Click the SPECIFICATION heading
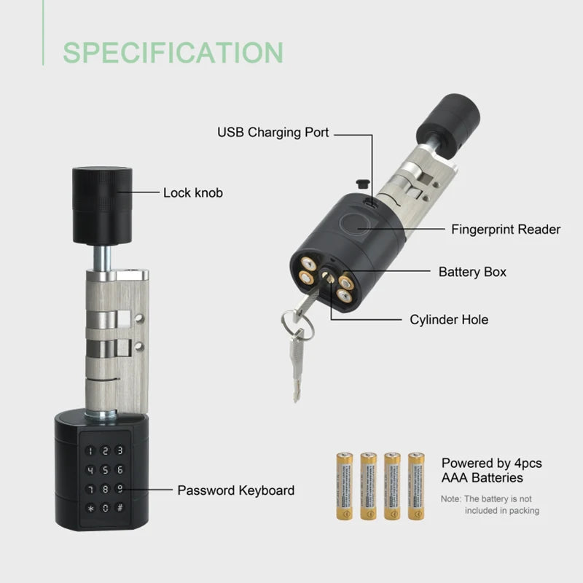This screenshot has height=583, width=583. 173,52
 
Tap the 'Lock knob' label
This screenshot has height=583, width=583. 192,193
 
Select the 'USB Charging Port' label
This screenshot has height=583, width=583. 273,133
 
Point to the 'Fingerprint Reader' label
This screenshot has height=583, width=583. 506,230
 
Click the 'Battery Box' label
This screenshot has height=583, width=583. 472,272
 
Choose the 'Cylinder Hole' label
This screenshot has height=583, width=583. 449,319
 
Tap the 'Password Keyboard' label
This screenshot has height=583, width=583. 236,490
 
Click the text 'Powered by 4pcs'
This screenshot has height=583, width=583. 492,463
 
